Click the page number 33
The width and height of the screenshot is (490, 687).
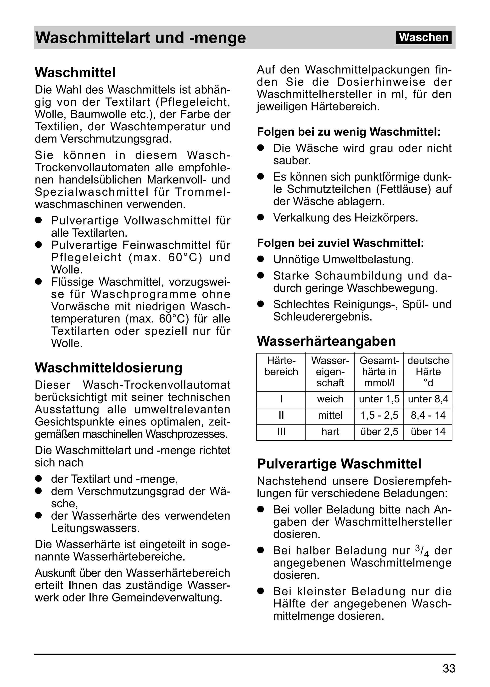click(449, 668)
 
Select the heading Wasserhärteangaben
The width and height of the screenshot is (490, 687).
click(326, 341)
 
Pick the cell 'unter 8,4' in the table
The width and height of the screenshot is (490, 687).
click(428, 399)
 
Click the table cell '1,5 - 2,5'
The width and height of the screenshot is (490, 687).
click(379, 415)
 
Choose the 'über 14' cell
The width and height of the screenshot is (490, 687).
click(428, 431)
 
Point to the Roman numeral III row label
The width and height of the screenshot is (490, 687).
click(281, 431)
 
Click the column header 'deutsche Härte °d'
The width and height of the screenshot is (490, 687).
click(428, 372)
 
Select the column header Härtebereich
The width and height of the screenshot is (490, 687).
click(281, 366)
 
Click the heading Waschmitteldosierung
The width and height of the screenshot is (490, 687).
click(108, 368)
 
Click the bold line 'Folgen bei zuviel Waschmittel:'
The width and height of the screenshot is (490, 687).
click(340, 243)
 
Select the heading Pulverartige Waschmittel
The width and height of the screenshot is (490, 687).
click(339, 464)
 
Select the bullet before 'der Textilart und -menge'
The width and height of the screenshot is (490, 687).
click(38, 479)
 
